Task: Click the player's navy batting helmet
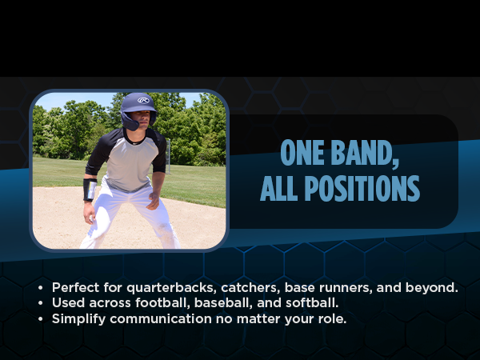pos(138,106)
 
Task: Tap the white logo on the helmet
pos(143,101)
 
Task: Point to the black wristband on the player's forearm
pos(90,190)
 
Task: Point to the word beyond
pos(434,287)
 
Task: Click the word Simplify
pos(78,319)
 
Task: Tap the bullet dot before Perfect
pos(41,287)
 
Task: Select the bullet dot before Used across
pos(41,303)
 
